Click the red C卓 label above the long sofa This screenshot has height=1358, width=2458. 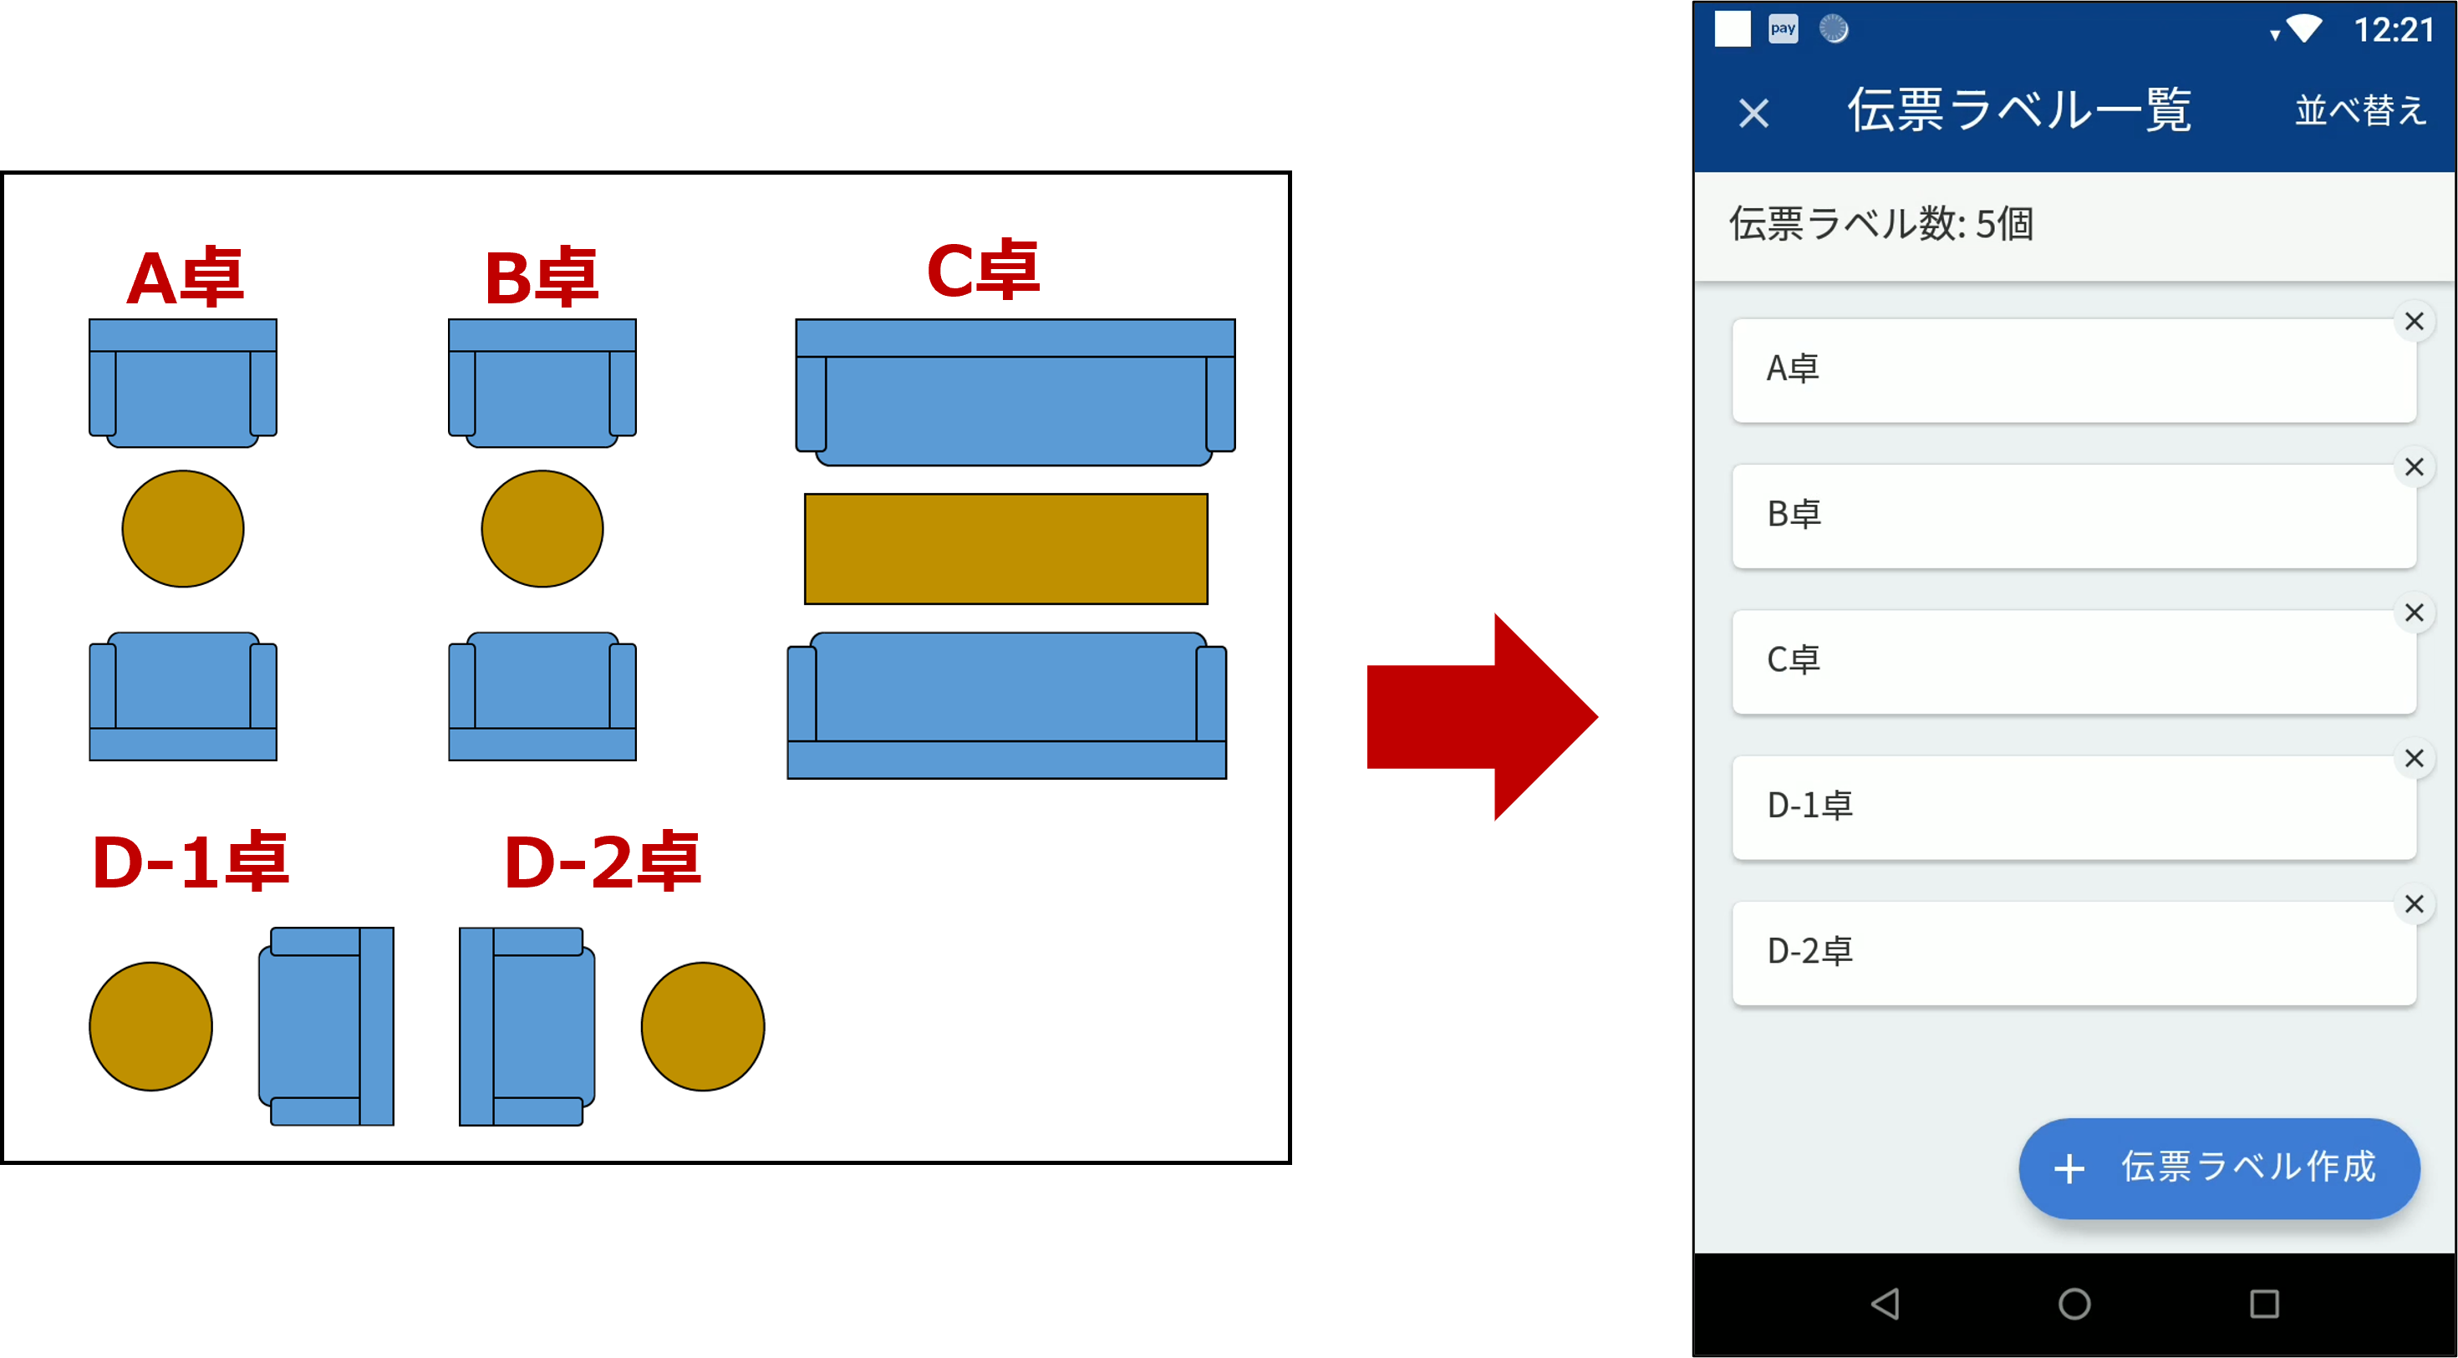tap(983, 270)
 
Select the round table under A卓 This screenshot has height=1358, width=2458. tap(183, 529)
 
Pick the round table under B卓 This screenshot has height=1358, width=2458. tap(542, 529)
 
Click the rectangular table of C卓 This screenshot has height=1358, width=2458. tap(1005, 549)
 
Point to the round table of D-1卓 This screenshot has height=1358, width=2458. tap(150, 1026)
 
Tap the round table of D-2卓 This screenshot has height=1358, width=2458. tap(702, 1026)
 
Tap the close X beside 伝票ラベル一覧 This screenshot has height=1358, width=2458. tap(1753, 114)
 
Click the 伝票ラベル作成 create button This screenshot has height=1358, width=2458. tap(2218, 1168)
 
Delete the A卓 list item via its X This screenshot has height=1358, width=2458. tap(2414, 322)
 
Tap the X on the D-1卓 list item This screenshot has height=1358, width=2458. tap(2414, 759)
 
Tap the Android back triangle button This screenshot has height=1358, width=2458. tap(1885, 1304)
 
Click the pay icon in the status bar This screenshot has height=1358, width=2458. tap(1783, 28)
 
